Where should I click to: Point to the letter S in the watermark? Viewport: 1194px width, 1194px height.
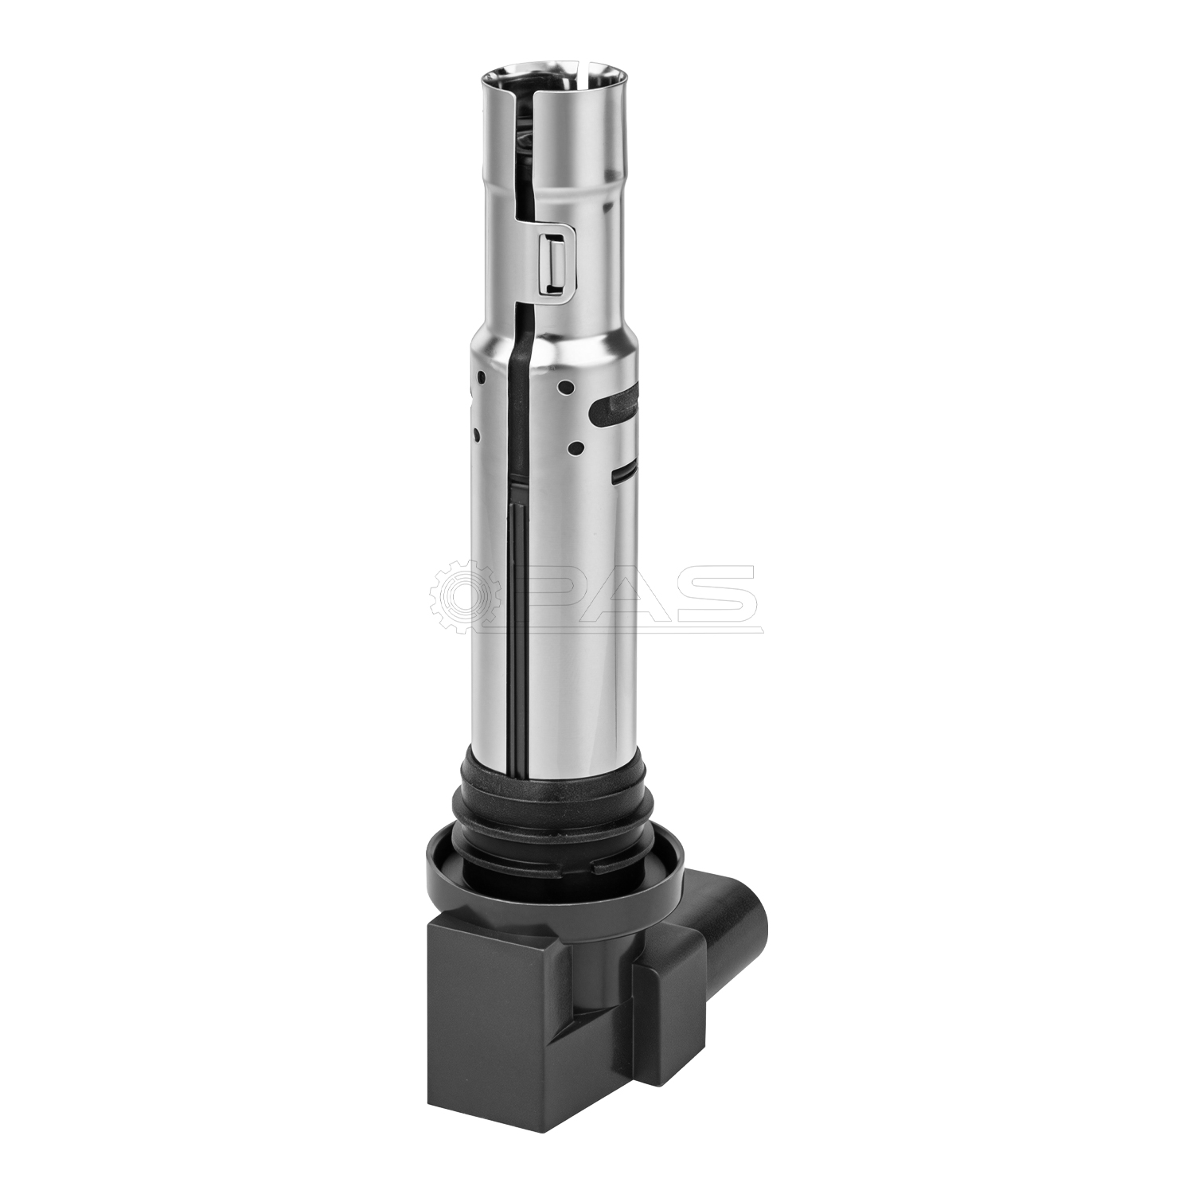(x=712, y=593)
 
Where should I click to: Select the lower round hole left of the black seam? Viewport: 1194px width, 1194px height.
(x=477, y=435)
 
